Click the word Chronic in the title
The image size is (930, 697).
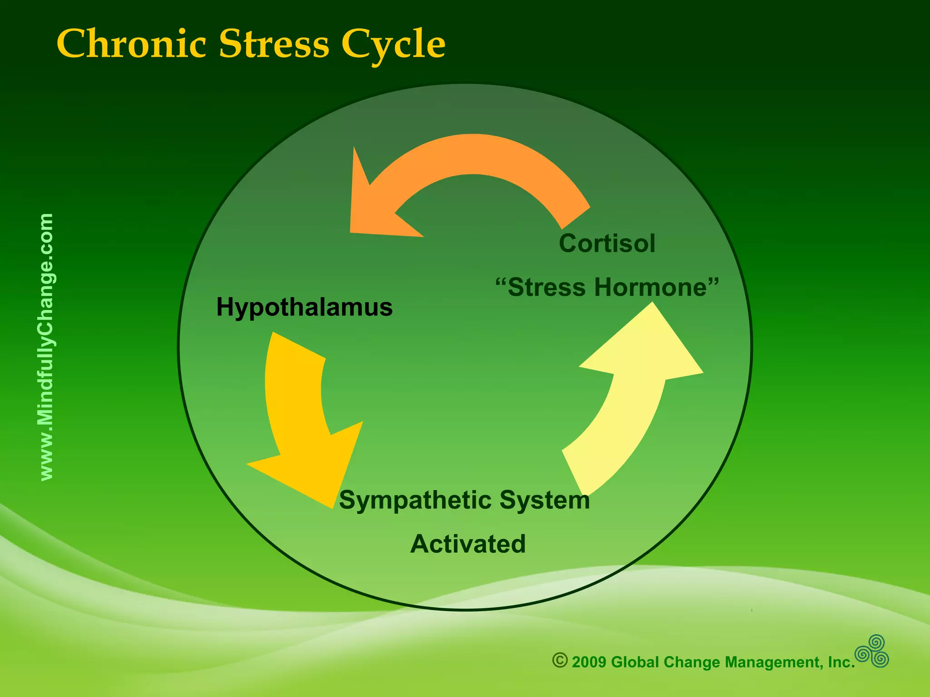(x=131, y=44)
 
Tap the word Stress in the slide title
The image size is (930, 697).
(x=274, y=44)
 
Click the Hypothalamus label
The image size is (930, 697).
(x=304, y=307)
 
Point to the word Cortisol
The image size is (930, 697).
(x=607, y=244)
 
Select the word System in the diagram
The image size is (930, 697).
(x=544, y=500)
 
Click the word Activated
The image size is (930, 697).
(x=468, y=544)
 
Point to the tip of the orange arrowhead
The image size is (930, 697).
(x=351, y=231)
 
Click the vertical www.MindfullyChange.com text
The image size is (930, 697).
(x=47, y=347)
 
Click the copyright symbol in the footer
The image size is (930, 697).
(x=560, y=660)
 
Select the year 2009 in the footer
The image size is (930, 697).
(x=589, y=663)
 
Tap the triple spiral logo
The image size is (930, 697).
(x=872, y=652)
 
